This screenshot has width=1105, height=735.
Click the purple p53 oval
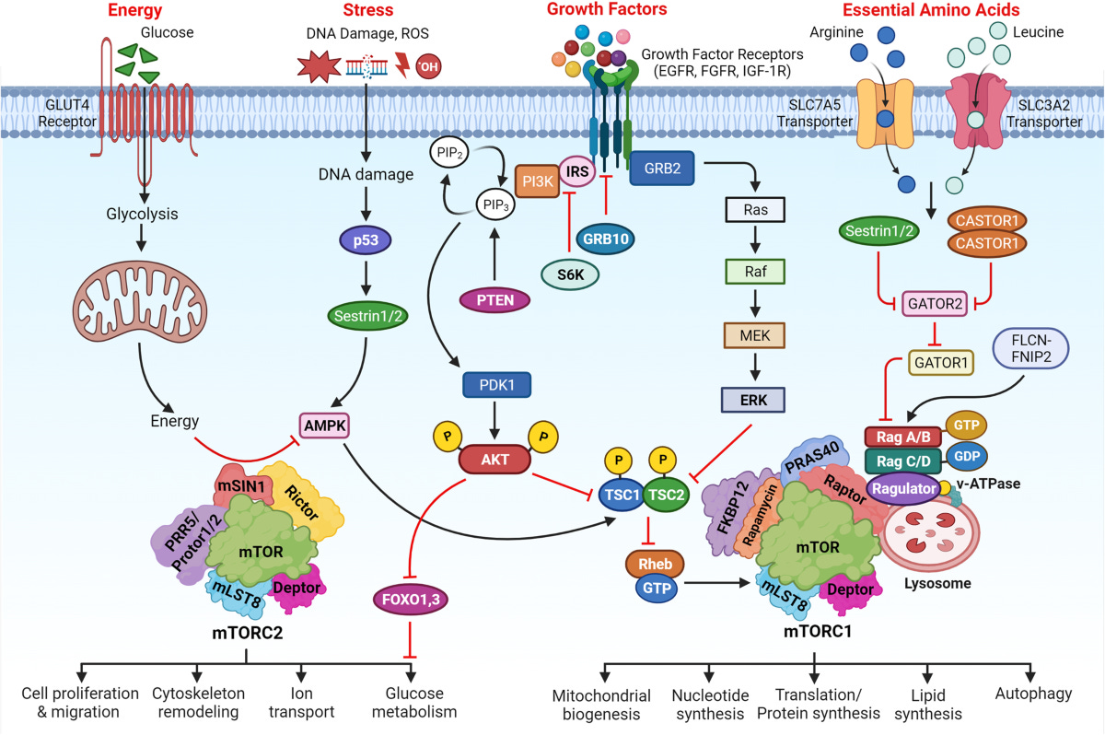[x=366, y=242]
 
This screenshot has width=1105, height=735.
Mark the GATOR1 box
[x=939, y=363]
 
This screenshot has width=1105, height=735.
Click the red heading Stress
[x=367, y=11]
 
